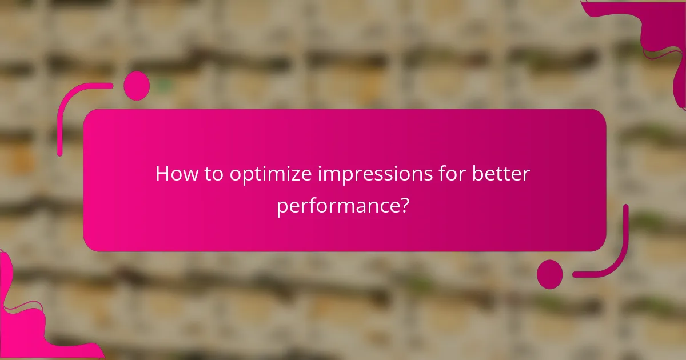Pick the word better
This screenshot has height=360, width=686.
(501, 174)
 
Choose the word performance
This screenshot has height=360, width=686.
(337, 206)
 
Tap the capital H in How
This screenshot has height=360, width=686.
(162, 174)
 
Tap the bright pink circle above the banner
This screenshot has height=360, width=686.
(137, 86)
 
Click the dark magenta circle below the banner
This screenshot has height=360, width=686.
(549, 274)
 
